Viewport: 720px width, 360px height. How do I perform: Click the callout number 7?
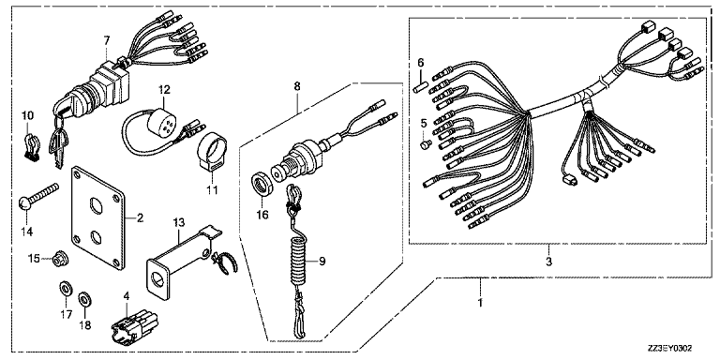(107, 40)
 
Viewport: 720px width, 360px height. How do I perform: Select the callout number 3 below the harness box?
(548, 262)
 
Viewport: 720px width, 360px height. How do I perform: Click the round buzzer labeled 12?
(157, 121)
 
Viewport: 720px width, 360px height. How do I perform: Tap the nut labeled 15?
(61, 261)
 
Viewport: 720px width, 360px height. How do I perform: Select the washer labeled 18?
(84, 299)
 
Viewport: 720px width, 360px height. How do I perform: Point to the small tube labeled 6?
(421, 86)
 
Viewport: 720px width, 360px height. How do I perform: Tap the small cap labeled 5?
(426, 144)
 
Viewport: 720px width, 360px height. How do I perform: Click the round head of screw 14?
(25, 202)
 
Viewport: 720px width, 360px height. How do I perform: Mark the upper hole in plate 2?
(96, 203)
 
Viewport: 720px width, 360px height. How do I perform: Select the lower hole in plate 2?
(96, 237)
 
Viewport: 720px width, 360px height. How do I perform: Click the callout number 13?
(179, 223)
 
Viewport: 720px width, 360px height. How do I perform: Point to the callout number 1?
(480, 304)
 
